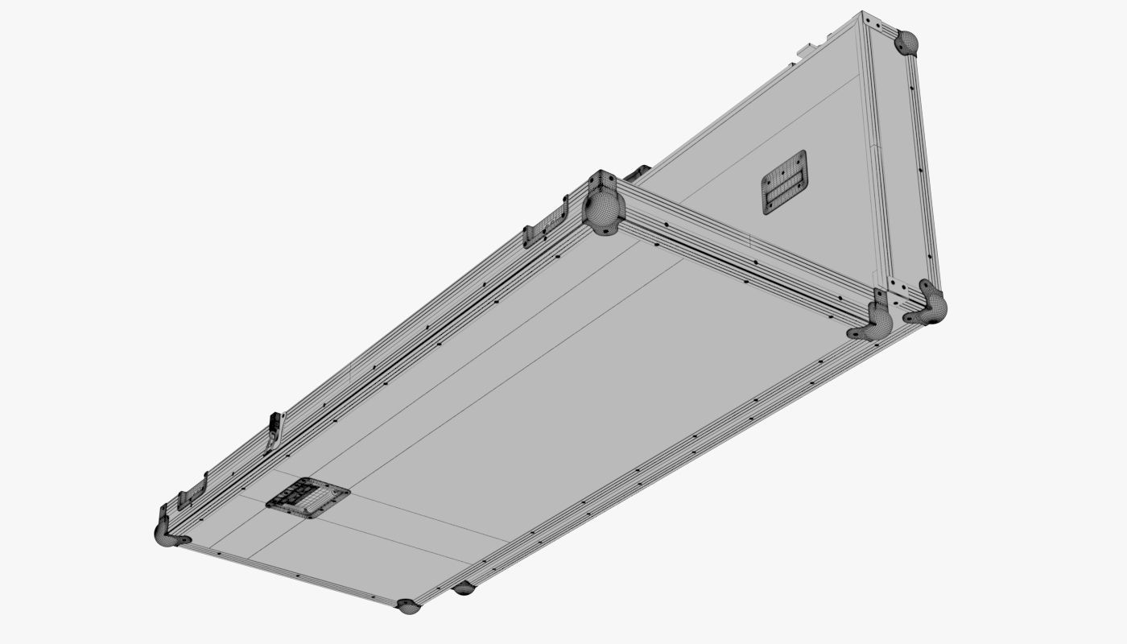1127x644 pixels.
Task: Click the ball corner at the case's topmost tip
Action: coord(907,43)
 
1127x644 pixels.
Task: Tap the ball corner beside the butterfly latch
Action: coord(605,211)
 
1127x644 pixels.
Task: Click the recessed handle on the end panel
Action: coord(784,182)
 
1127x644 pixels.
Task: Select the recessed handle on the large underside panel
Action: coord(308,497)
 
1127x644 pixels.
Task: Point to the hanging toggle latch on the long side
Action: coord(275,431)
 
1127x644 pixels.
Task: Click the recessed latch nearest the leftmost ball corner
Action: coord(192,490)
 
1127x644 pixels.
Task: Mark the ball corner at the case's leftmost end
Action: coord(167,534)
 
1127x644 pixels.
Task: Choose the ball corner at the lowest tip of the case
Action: coord(408,605)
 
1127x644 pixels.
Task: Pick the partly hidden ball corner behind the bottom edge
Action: coord(464,588)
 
